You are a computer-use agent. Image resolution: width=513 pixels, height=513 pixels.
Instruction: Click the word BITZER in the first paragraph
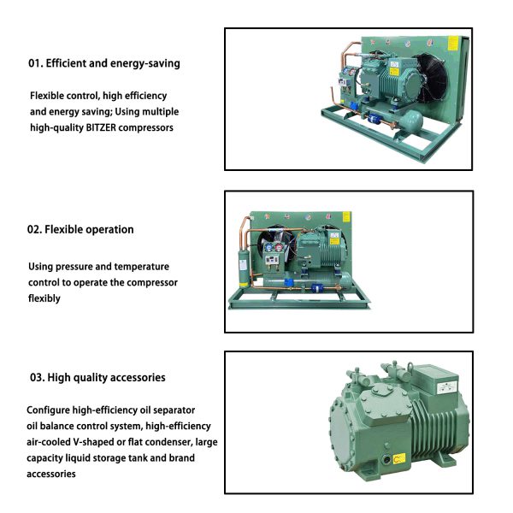[101, 127]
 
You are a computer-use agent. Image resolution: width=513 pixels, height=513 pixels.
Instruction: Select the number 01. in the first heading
[36, 63]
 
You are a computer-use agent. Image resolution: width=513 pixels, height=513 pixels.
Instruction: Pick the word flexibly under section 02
[44, 298]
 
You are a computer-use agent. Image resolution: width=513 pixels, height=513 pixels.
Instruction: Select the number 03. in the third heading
[38, 378]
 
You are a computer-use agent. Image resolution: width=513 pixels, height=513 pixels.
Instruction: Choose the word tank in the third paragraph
[138, 457]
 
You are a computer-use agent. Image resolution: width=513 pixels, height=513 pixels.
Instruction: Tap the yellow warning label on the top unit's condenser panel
[453, 44]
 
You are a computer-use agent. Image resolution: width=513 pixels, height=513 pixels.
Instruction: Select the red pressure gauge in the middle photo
[279, 247]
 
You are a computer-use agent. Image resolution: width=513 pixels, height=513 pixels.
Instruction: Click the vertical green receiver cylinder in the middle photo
[243, 266]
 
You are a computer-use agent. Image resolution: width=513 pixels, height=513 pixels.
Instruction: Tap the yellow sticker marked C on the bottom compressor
[398, 458]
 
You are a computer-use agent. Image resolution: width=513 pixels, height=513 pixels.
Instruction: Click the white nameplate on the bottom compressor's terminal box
[447, 387]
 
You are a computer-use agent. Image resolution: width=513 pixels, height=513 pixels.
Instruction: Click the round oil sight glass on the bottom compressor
[387, 460]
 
